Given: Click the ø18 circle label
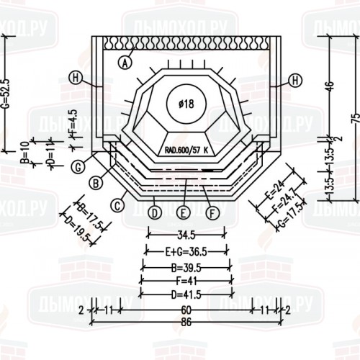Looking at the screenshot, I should (x=186, y=104).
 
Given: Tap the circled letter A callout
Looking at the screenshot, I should (x=125, y=63).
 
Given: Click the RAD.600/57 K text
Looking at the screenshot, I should (x=185, y=150).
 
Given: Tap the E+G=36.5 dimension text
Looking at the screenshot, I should (x=186, y=251).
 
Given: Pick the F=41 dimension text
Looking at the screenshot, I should (x=186, y=281).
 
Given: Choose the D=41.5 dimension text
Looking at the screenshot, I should (x=186, y=295).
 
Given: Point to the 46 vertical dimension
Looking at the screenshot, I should (x=330, y=87).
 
